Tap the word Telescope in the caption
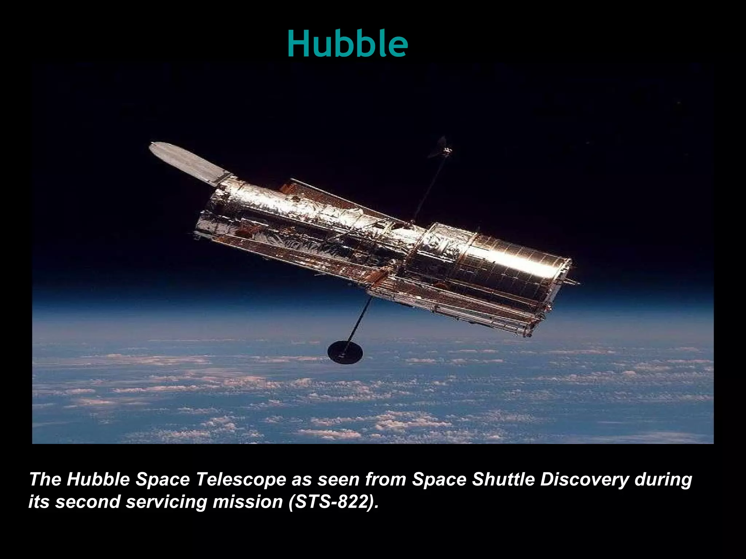click(241, 479)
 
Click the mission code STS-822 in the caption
click(332, 502)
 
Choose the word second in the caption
click(87, 502)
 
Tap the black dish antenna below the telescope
click(345, 352)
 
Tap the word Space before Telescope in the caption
click(162, 479)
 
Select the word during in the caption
click(663, 479)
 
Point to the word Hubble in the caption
click(98, 479)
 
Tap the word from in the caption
click(385, 479)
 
